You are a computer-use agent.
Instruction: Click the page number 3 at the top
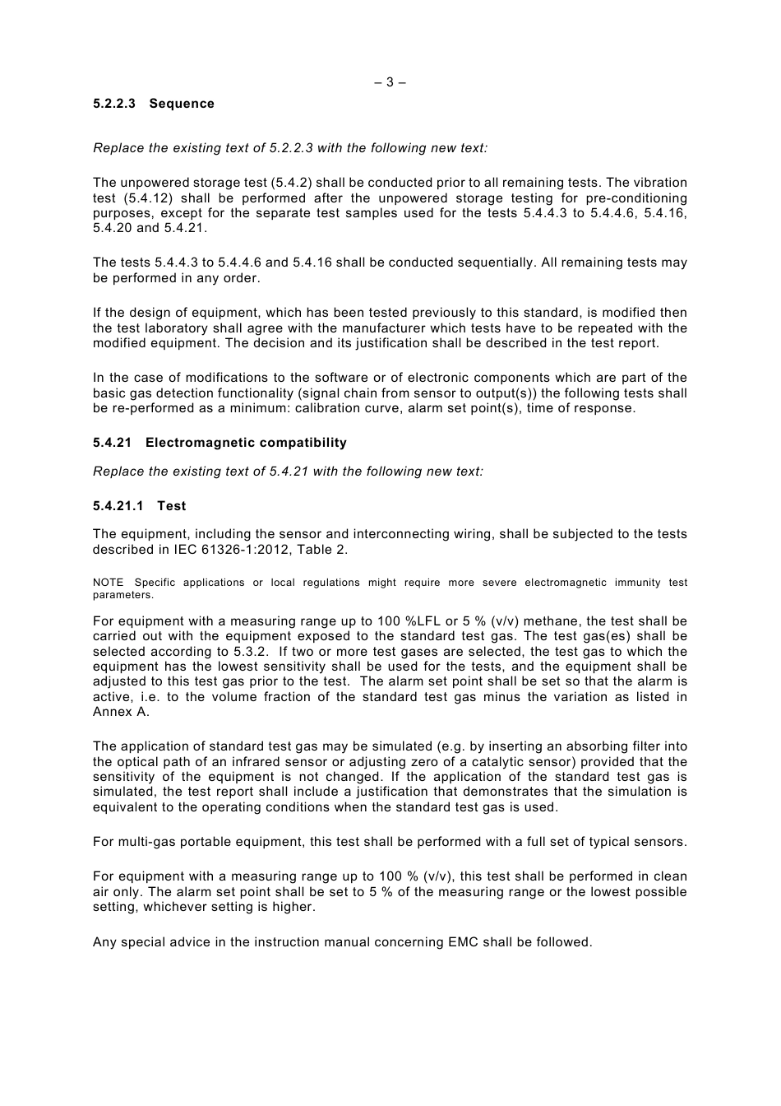390,82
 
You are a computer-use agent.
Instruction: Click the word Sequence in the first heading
182,104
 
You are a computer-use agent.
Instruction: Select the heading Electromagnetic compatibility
246,443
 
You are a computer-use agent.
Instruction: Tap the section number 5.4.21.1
118,506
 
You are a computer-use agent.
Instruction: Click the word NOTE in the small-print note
108,583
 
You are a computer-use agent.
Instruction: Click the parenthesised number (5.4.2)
295,183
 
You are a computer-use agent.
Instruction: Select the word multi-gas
147,842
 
